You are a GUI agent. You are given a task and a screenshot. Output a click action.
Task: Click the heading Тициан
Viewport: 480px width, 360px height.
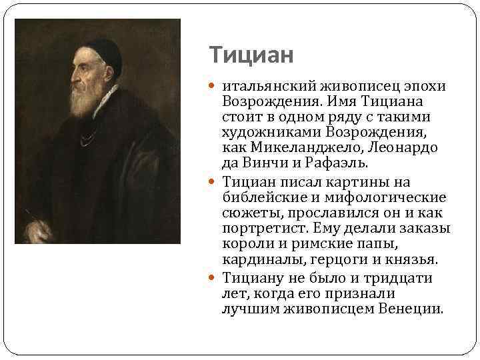click(x=251, y=55)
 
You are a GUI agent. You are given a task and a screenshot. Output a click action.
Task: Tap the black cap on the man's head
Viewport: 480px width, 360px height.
click(x=103, y=47)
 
